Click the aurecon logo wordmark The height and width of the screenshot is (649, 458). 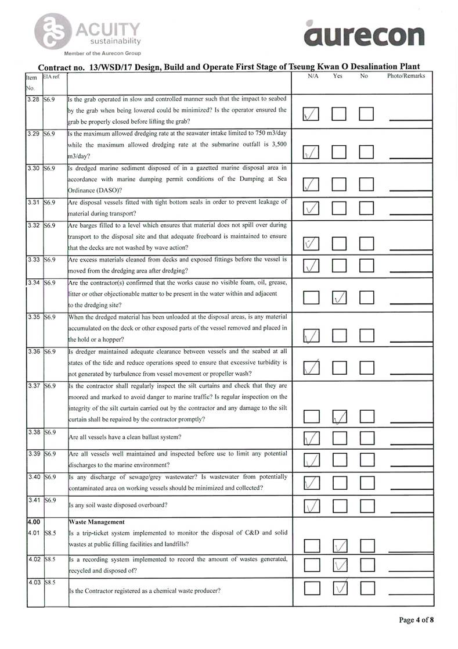point(363,35)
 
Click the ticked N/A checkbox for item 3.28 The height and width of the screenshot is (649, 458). point(312,116)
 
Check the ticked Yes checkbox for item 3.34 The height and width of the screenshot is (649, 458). point(340,297)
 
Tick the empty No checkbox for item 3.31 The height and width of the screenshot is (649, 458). point(366,208)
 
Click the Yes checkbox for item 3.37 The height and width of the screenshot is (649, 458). point(340,416)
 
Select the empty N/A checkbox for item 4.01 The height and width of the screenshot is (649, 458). point(312,545)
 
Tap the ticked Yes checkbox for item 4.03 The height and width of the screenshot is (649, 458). point(340,588)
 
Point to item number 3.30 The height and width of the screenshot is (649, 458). point(34,168)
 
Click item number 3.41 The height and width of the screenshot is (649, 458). point(34,500)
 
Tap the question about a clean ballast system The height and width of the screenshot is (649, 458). point(125,437)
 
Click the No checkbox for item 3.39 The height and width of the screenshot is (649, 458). point(366,460)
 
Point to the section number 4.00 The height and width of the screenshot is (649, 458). point(33,522)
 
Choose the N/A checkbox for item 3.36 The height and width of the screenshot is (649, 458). point(312,367)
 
